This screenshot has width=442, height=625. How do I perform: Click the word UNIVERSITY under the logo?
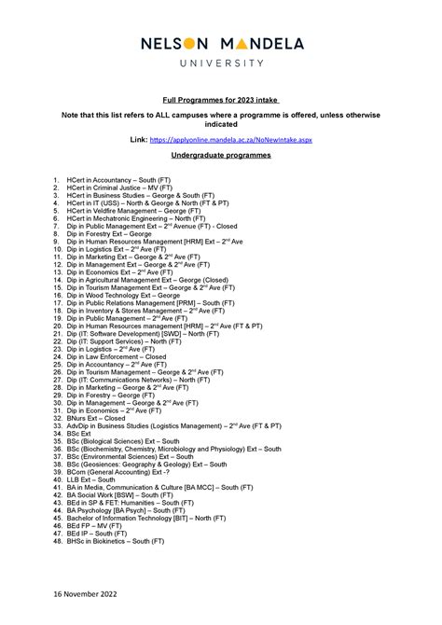click(220, 62)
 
